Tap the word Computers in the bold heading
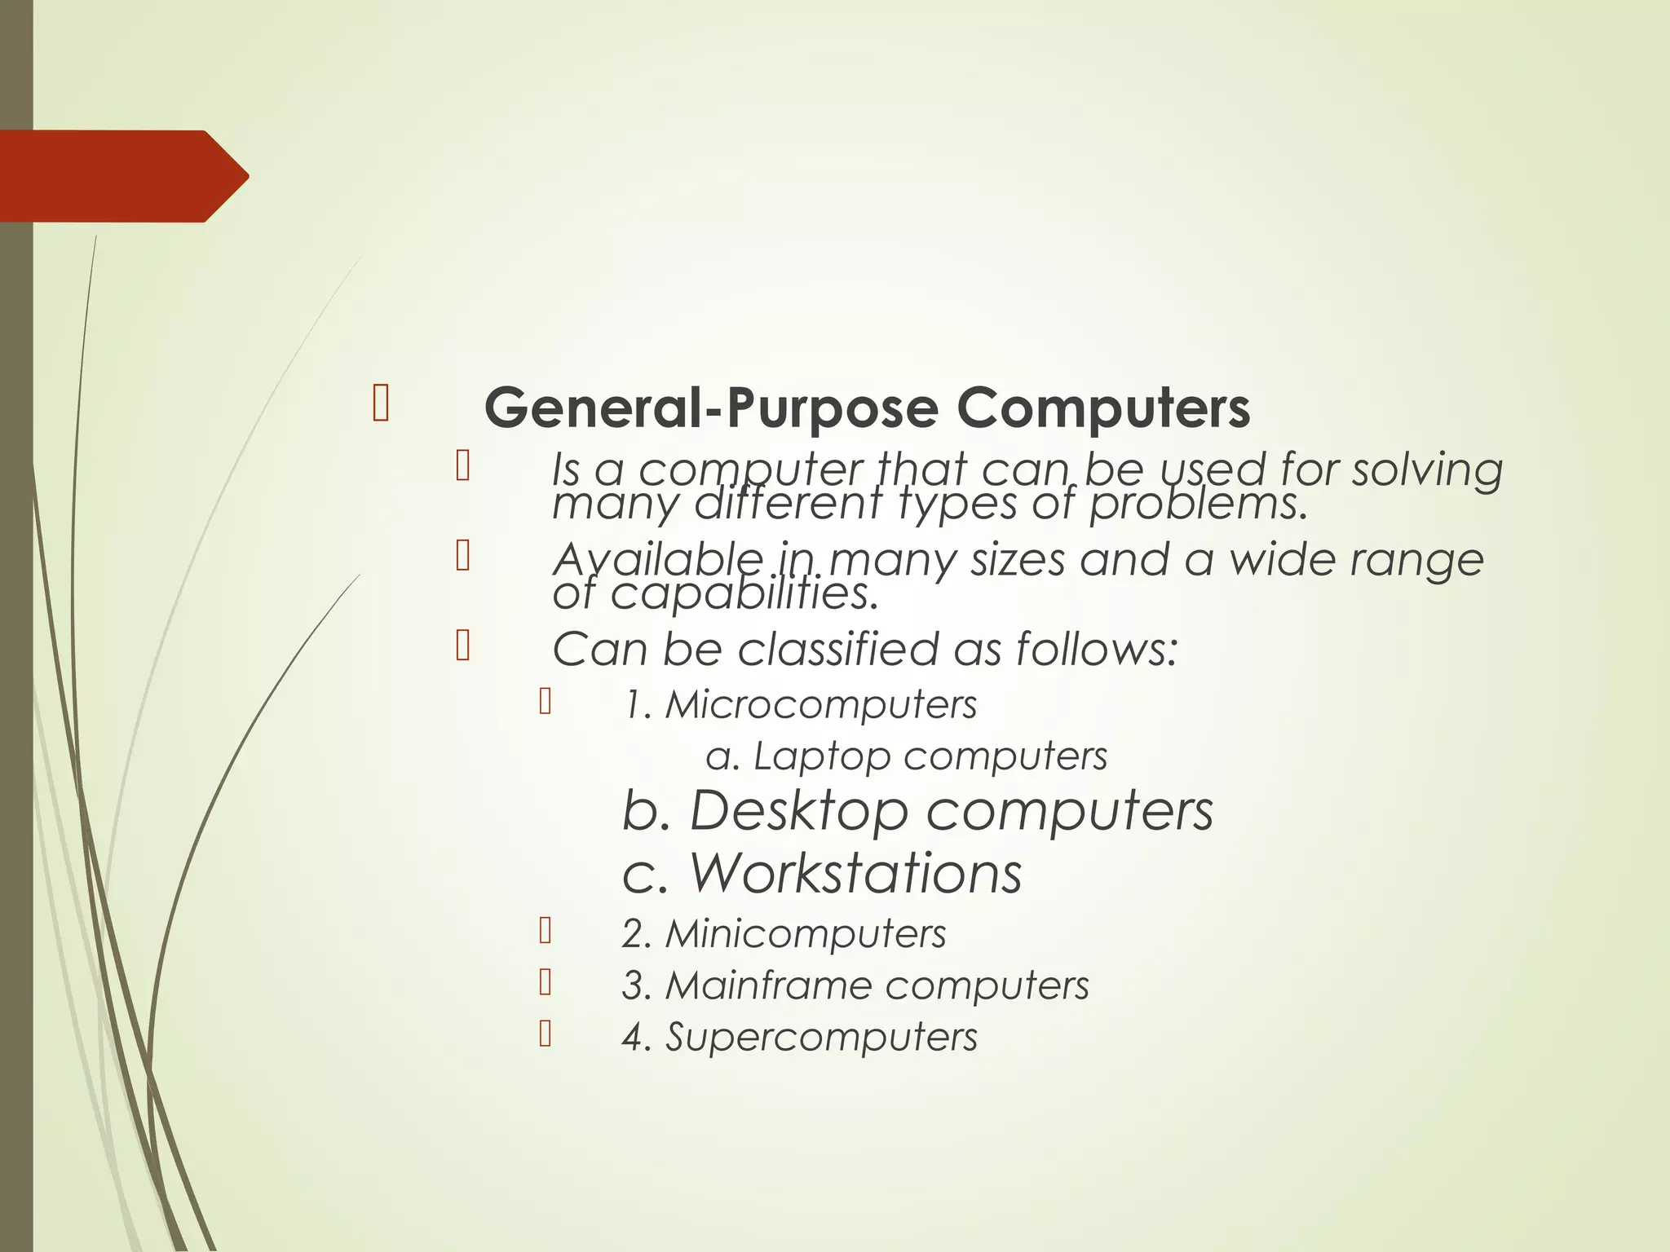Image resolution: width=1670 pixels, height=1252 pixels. [1102, 408]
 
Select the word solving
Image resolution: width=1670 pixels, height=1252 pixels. [1427, 471]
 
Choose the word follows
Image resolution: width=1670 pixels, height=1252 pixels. [1096, 650]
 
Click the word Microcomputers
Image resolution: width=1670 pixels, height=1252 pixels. [820, 704]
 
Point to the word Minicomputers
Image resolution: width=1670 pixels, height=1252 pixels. [806, 933]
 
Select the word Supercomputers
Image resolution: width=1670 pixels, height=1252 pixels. [821, 1038]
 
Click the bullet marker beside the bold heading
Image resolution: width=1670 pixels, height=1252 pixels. [380, 404]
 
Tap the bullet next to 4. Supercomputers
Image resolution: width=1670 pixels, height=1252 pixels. [546, 1034]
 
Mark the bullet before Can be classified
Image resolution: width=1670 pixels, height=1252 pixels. [462, 645]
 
